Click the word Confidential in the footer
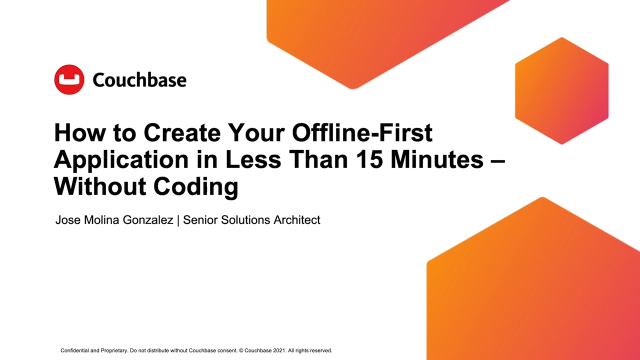click(x=75, y=350)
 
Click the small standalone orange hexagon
click(x=562, y=91)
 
